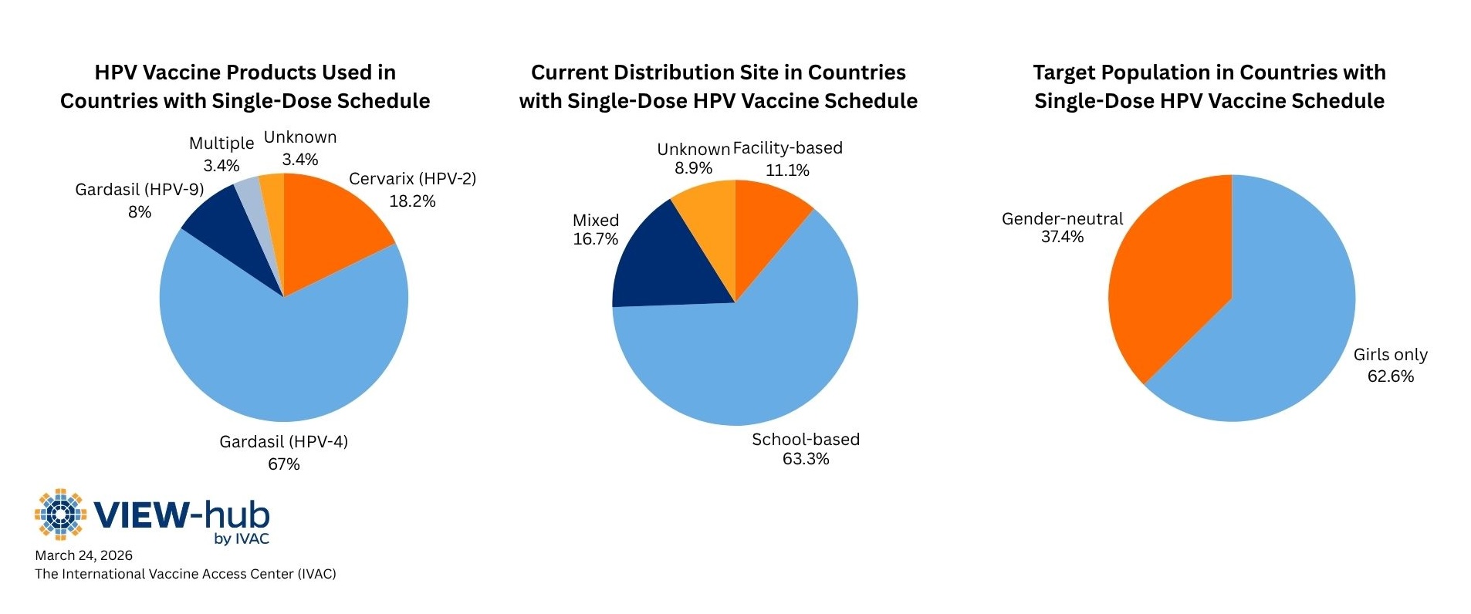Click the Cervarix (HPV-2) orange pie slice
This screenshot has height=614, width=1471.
[332, 224]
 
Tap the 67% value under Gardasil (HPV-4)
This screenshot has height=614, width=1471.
[283, 464]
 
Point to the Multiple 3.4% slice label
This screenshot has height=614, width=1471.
[221, 154]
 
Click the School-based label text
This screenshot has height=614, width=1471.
[805, 440]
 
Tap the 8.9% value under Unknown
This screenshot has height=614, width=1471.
[693, 168]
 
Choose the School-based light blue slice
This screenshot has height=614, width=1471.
[749, 363]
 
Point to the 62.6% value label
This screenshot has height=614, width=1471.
[1390, 376]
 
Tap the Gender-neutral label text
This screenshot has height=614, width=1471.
[1062, 219]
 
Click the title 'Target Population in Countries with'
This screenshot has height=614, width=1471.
[1209, 73]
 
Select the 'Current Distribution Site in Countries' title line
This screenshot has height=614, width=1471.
[718, 73]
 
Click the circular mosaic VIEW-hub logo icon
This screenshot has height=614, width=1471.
[60, 514]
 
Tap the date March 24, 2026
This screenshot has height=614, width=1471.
[83, 555]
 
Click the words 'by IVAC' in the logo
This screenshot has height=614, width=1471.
[242, 538]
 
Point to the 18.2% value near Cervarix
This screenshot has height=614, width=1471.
[412, 201]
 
